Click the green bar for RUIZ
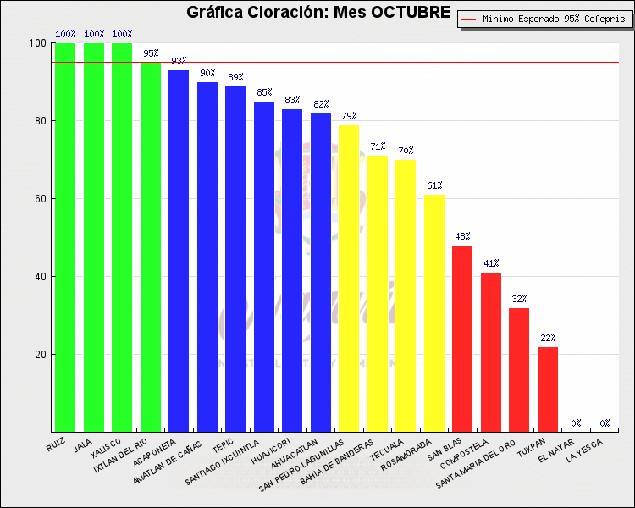66,237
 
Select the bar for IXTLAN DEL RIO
151,246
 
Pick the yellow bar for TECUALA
406,295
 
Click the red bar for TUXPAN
548,389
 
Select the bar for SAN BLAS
462,339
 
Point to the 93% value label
179,61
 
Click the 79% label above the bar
349,116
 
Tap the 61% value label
434,185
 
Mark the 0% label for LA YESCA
605,423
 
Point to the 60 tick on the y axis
39,199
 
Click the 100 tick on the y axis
36,43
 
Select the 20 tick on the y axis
39,355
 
